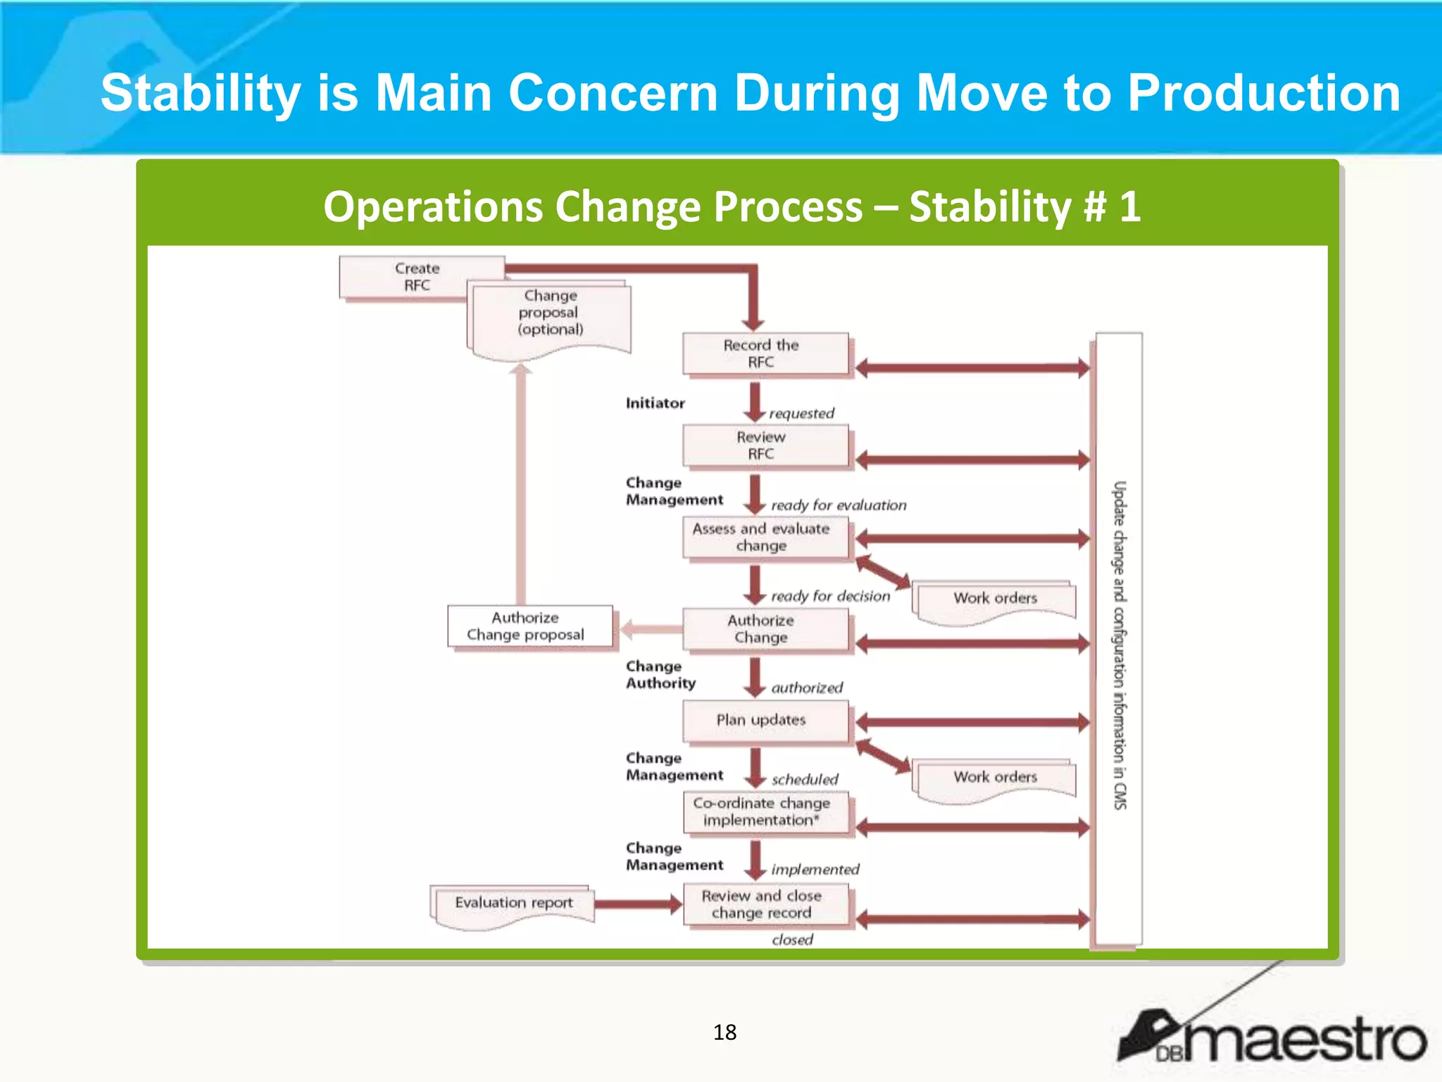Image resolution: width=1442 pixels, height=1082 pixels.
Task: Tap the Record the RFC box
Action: (x=765, y=354)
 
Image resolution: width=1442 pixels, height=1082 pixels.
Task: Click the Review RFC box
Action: (x=765, y=445)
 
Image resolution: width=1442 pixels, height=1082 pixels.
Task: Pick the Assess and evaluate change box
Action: (x=765, y=537)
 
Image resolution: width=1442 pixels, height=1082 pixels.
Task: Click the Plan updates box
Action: (x=765, y=720)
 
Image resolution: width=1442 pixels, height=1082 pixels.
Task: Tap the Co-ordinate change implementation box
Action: (x=765, y=811)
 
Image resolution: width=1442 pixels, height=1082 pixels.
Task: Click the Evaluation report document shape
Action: (x=513, y=903)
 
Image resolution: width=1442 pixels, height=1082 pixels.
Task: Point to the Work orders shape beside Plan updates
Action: (x=994, y=778)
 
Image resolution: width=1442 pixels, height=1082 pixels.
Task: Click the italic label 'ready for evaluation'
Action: (x=838, y=505)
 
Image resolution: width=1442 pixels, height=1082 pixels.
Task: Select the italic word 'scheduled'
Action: (x=805, y=779)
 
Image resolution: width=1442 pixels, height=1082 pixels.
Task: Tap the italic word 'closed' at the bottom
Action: (x=792, y=940)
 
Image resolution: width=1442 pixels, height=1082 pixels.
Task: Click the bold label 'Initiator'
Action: (x=655, y=403)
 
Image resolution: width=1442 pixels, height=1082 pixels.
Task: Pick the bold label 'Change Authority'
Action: (x=660, y=674)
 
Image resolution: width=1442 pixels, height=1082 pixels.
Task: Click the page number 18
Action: (x=725, y=1032)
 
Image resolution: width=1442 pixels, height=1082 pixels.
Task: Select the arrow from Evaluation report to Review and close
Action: (x=637, y=904)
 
